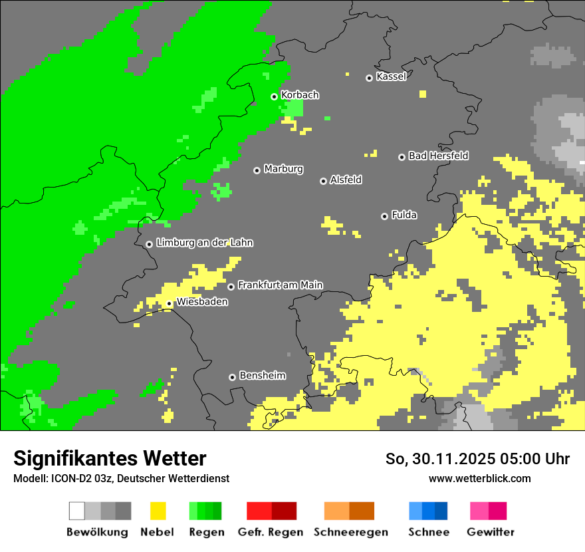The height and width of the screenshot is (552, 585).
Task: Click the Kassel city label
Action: pos(391,76)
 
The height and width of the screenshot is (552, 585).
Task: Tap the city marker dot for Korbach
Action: pos(274,96)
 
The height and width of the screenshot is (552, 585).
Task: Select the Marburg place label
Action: pos(283,169)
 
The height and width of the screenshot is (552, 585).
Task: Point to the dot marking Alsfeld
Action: pos(323,181)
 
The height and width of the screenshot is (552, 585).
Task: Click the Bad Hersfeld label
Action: pos(438,156)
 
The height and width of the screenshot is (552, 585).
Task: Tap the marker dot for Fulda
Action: pos(384,216)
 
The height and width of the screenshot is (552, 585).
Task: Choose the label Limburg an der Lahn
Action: pos(204,243)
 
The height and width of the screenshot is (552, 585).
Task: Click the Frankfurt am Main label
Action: pos(280,285)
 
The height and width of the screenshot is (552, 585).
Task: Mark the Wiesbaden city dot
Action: pos(170,303)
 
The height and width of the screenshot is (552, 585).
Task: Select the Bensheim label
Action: pos(262,376)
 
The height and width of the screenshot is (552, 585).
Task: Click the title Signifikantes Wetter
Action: pos(110,458)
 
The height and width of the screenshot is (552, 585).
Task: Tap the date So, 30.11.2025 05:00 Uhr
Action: pos(477,459)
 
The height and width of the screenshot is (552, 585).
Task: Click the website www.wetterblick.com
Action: pos(479,478)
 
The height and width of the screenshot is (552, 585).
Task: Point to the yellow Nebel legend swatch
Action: pos(158,511)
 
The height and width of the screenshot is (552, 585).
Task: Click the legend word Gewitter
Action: pos(490,532)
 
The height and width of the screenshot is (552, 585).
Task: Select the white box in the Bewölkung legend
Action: pos(76,511)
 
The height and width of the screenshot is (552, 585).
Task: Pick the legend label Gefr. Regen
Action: pos(270,532)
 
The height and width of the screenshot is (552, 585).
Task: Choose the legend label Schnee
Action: pos(428,532)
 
